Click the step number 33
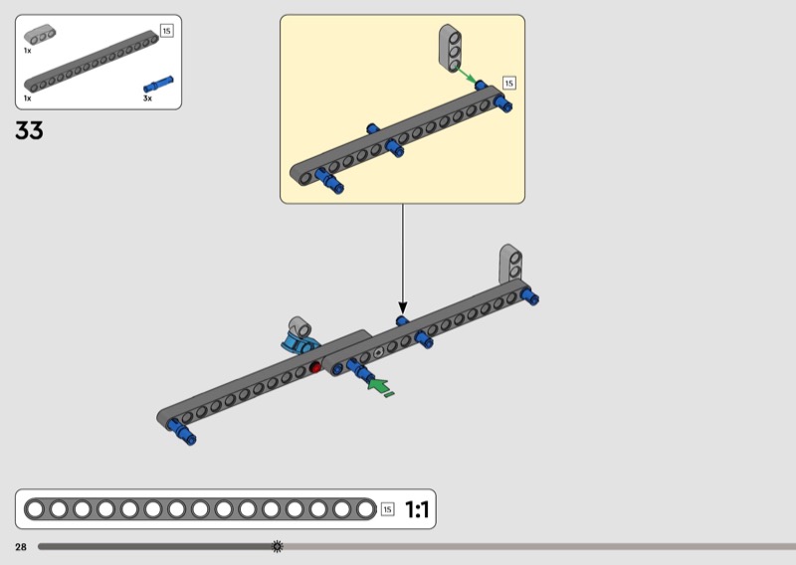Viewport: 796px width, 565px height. coord(29,130)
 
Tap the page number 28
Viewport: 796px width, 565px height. coord(21,547)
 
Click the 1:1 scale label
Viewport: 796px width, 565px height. coord(417,509)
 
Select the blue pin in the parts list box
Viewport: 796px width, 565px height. coord(158,84)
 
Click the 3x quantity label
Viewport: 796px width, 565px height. coord(147,97)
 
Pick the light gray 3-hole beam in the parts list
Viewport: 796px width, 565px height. coord(40,35)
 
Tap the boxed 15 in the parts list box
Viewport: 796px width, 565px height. coord(166,31)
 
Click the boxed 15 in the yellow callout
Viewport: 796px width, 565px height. coord(509,83)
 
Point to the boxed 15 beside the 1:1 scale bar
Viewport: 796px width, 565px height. coord(387,509)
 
